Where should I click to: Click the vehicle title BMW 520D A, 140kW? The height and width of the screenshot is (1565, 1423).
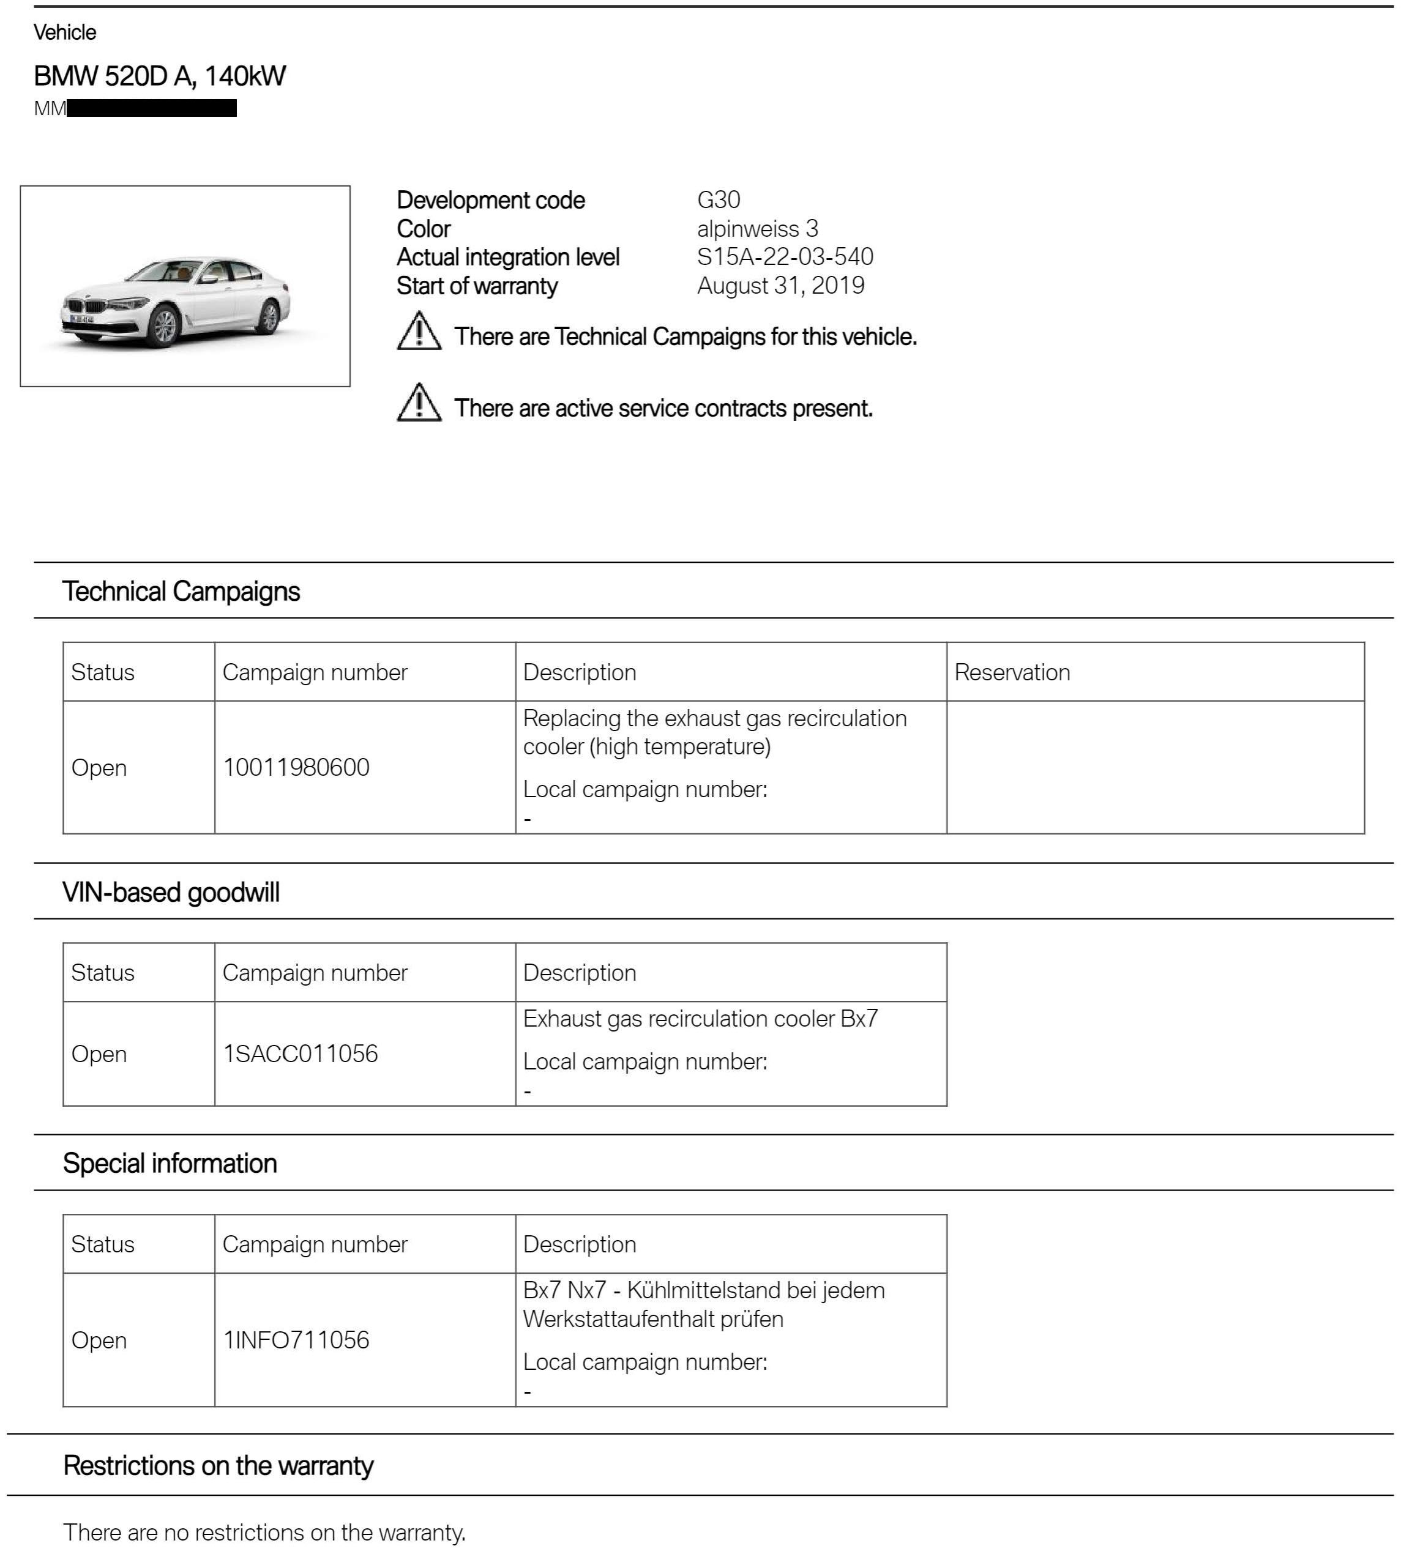tap(159, 76)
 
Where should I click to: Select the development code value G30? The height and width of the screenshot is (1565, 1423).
tap(719, 200)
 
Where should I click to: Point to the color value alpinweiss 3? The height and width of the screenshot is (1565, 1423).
tap(757, 229)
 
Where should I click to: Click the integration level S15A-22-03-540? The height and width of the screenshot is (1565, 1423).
tap(785, 257)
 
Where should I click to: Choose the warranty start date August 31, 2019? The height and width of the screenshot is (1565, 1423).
tap(780, 286)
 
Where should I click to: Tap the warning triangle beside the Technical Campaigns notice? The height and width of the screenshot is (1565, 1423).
tap(419, 332)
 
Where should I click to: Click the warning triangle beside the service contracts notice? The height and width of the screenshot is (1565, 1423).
tap(419, 403)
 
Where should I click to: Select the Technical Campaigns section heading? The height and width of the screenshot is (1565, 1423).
tap(181, 592)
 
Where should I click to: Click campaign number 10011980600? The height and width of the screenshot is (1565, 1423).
tap(296, 768)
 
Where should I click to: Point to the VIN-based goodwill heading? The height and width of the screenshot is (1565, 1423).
tap(171, 893)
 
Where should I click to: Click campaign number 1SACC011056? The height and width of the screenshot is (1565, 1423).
tap(300, 1054)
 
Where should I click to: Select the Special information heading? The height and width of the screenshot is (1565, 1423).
tap(170, 1164)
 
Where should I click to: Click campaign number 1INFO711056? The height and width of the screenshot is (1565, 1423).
tap(296, 1340)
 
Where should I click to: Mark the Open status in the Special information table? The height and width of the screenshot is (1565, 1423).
tap(99, 1340)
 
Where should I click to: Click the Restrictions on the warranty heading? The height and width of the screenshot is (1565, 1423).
tap(218, 1466)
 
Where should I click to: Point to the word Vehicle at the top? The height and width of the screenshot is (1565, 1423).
tap(65, 32)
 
